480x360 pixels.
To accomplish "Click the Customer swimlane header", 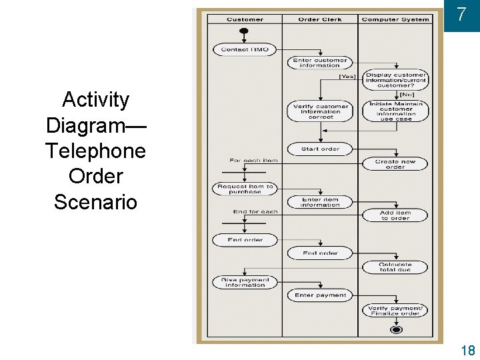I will tap(245, 19).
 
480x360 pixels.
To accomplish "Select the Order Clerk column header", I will tap(320, 19).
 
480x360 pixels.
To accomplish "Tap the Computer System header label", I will tap(395, 19).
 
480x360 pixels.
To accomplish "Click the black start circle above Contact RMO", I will tap(244, 31).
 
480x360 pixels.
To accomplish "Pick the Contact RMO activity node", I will tap(244, 49).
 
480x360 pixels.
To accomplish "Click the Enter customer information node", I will tap(320, 63).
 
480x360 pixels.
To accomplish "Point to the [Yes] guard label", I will tap(347, 76).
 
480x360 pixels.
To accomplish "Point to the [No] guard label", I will tap(416, 95).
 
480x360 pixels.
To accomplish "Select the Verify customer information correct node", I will tap(320, 111).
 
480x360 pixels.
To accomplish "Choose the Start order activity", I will tap(320, 149).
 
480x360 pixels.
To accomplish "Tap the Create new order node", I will tap(395, 164).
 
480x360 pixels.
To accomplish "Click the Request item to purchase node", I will tap(244, 189).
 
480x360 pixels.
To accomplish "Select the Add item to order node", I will tap(395, 215).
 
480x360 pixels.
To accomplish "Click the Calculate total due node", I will tap(395, 267).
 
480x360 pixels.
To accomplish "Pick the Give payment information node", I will tap(244, 283).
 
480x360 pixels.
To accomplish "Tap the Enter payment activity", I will tap(320, 295).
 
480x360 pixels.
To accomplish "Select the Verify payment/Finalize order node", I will tap(395, 311).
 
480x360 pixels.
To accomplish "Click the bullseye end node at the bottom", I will tap(396, 329).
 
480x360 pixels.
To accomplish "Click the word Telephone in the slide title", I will tap(95, 151).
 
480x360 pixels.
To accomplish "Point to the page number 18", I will tap(467, 350).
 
